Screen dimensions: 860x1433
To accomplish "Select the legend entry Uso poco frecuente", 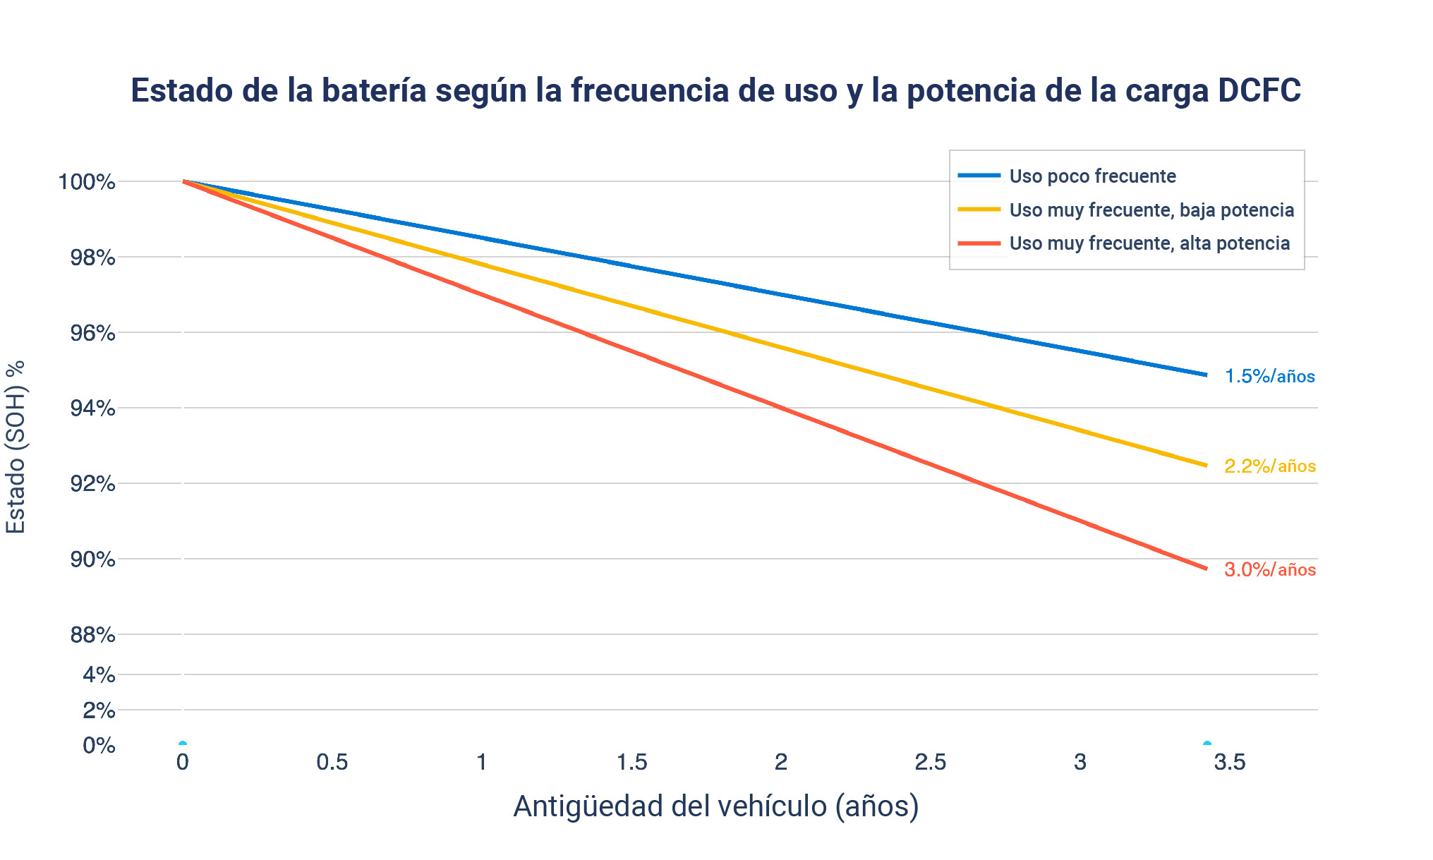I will tap(1092, 176).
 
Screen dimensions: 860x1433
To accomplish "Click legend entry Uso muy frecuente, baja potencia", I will tap(1151, 210).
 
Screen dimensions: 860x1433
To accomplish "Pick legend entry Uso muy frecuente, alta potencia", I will tap(1149, 243).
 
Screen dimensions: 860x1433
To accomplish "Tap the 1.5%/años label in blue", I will tap(1269, 376).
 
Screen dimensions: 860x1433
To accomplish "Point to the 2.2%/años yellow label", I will tap(1269, 466).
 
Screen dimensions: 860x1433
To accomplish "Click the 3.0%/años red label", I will tap(1269, 569).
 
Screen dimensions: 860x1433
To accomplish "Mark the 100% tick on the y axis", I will tap(87, 182).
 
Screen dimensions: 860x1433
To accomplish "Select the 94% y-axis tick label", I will tap(92, 408).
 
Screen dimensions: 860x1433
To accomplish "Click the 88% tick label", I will tap(92, 635).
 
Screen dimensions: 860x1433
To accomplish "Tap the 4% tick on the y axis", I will tap(99, 675).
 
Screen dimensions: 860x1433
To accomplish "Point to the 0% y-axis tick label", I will tap(99, 745).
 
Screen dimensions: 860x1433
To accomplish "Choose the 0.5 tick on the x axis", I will tap(332, 762).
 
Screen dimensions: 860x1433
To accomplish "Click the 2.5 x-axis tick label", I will tap(930, 762).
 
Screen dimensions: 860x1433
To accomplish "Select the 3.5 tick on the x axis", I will tap(1229, 762).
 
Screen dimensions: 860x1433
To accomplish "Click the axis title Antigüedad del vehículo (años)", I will tap(715, 806).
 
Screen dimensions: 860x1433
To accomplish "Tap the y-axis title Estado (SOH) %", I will tap(16, 447).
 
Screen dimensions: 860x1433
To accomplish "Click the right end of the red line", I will tap(1206, 568).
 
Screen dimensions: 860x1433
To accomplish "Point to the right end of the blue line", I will tap(1206, 375).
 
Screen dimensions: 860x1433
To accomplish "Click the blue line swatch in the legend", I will tap(979, 175).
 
